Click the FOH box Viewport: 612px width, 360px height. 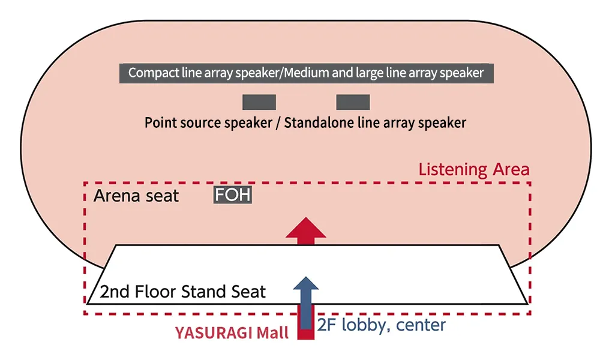[x=233, y=195]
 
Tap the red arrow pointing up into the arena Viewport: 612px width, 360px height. [x=306, y=231]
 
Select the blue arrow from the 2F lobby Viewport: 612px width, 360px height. [x=306, y=300]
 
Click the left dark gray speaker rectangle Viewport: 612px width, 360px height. [x=259, y=102]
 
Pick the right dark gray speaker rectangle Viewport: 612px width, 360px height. [x=353, y=102]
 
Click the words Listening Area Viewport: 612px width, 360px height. [x=474, y=169]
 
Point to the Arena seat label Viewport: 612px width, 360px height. [x=136, y=196]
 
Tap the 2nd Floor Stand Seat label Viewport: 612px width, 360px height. [x=182, y=292]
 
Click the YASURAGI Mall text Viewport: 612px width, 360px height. [x=232, y=333]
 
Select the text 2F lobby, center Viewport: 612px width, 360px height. [x=382, y=325]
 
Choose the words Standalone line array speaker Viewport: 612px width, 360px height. [x=375, y=123]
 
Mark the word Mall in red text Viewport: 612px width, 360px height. [x=274, y=333]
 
